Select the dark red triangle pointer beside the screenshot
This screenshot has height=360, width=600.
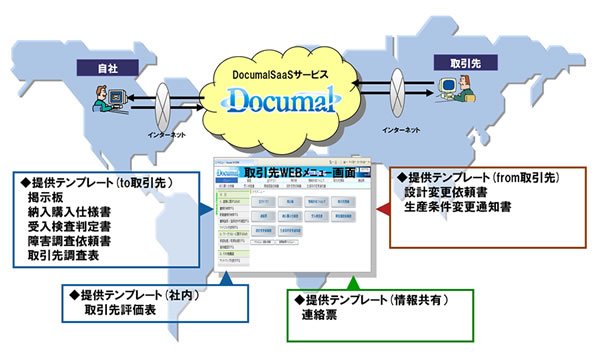382,209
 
